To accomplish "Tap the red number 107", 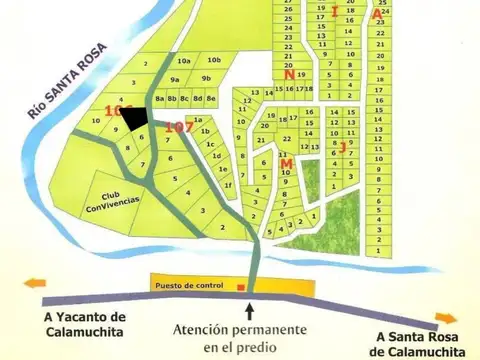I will [179, 127].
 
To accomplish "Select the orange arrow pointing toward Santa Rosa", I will [446, 319].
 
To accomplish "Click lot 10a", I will [183, 62].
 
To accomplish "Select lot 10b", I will [214, 62].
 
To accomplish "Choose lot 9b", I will [207, 78].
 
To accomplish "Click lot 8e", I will [211, 98].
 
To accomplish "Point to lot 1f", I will [228, 185].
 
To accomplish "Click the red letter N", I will [288, 75].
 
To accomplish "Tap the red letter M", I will [286, 163].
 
